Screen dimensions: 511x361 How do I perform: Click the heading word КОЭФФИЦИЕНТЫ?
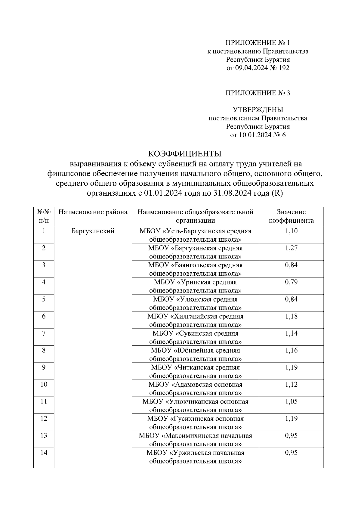click(185, 154)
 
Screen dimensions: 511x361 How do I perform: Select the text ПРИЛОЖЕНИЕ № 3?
click(258, 93)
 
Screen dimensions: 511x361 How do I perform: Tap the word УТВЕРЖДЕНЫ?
click(258, 110)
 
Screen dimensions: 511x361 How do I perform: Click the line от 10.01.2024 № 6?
click(258, 135)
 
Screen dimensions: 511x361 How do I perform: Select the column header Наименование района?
click(93, 212)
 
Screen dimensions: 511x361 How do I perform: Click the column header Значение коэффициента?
click(291, 216)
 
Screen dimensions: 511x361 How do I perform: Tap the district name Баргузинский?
click(93, 231)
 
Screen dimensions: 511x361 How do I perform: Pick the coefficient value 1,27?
click(291, 248)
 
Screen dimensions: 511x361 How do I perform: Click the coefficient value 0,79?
click(291, 282)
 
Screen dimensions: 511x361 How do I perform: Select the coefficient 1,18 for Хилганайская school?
click(291, 316)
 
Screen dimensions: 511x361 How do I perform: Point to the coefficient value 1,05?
click(291, 401)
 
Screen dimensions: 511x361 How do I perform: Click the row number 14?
click(44, 453)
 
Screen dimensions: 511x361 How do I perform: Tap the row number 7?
click(44, 333)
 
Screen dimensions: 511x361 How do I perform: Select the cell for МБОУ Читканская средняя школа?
click(195, 371)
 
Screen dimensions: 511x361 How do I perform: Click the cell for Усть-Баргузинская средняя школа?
click(195, 235)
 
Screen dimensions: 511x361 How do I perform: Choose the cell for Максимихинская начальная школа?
click(195, 440)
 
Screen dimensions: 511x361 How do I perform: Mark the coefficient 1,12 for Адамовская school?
click(291, 385)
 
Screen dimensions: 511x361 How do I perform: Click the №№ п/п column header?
click(44, 216)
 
